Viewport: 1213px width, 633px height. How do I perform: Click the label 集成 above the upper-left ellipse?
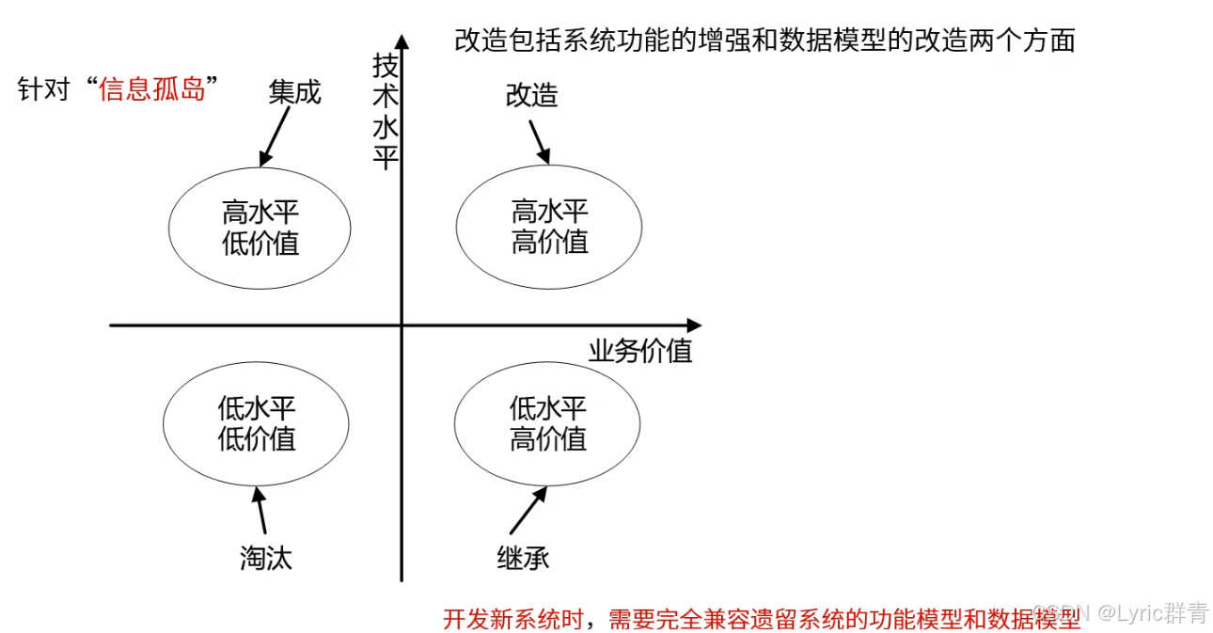[294, 92]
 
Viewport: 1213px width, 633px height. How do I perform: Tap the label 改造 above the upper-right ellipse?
[532, 96]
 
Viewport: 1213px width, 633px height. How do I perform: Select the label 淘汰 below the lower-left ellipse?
[266, 558]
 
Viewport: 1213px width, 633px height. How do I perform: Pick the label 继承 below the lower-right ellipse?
[523, 558]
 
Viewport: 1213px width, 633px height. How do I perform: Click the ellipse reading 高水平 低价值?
[260, 227]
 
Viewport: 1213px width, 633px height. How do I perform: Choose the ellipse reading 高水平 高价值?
[549, 227]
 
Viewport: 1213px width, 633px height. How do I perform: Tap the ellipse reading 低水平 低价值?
[257, 423]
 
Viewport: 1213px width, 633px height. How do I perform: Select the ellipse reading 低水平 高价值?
[548, 423]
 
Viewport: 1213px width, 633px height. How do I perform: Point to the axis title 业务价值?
[640, 351]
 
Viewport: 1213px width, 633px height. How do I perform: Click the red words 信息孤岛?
[152, 90]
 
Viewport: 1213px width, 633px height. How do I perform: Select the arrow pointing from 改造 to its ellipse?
[540, 142]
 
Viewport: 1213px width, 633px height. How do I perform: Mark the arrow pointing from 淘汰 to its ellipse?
[260, 509]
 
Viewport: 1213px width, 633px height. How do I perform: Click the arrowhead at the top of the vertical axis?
[402, 42]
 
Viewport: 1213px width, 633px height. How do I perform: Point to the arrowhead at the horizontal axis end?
[694, 325]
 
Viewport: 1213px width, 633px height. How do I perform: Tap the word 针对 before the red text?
[45, 90]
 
